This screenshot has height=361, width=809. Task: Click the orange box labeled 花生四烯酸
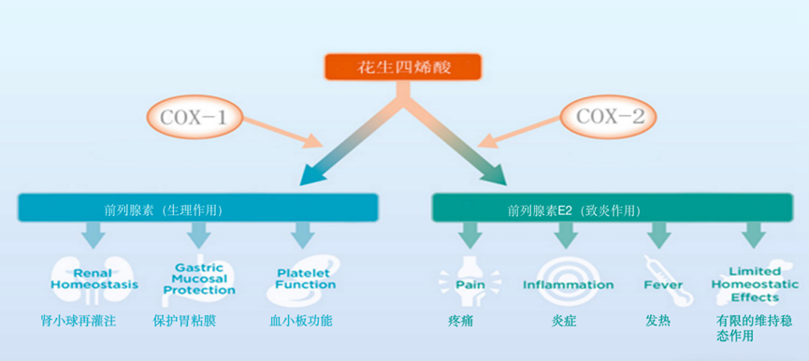[403, 67]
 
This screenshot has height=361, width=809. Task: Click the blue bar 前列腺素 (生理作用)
[196, 208]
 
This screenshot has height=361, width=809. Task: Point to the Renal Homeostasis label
[94, 278]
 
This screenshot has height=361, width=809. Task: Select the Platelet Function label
[305, 278]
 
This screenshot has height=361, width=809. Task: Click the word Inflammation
[568, 284]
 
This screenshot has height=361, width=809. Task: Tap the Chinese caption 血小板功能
[299, 321]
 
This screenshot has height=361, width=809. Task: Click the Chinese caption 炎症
[565, 321]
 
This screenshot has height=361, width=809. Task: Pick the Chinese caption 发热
[657, 321]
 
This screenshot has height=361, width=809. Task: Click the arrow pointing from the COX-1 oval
[284, 134]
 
